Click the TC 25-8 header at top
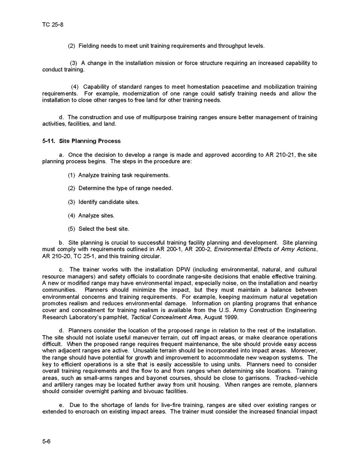pos(52,24)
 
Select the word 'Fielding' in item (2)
pos(89,46)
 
